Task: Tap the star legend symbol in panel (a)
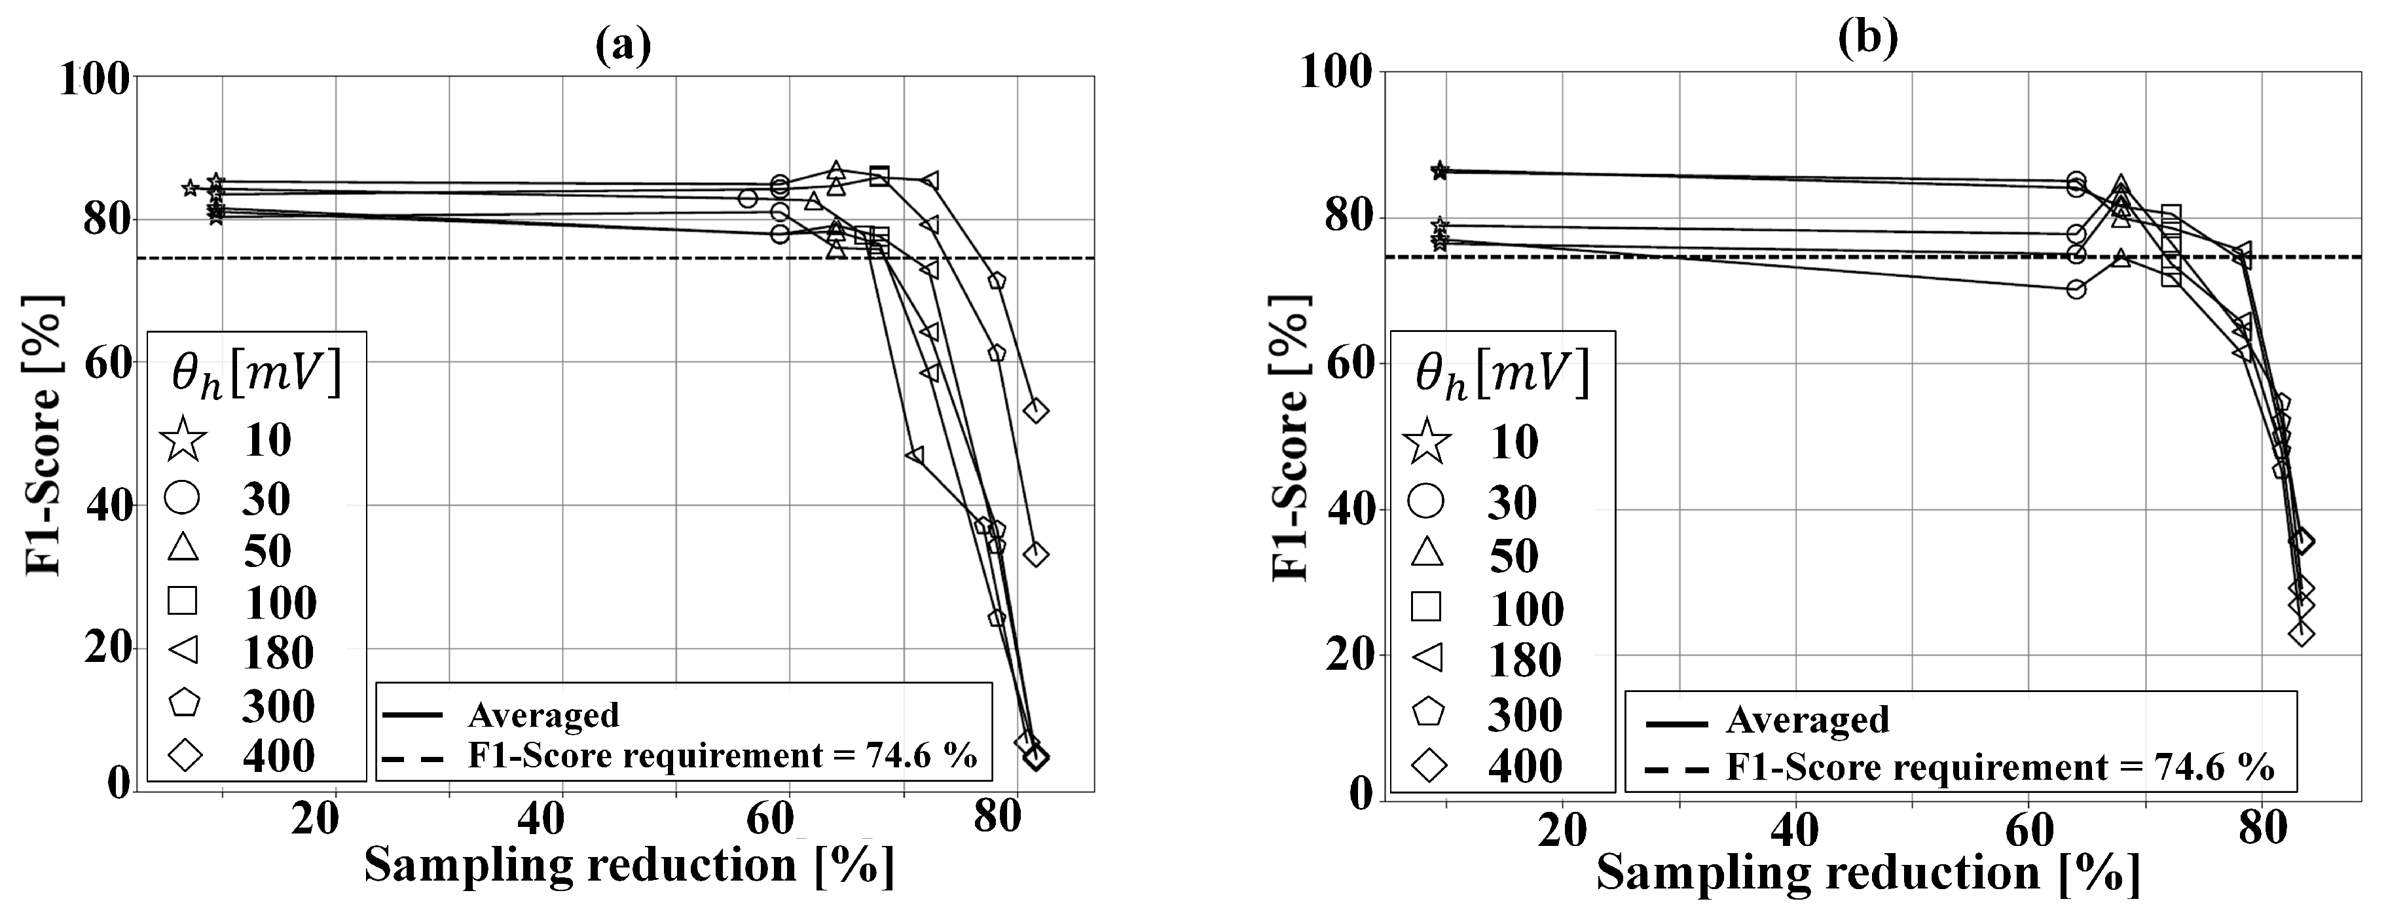click(x=183, y=439)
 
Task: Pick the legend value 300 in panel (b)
click(x=1524, y=714)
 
